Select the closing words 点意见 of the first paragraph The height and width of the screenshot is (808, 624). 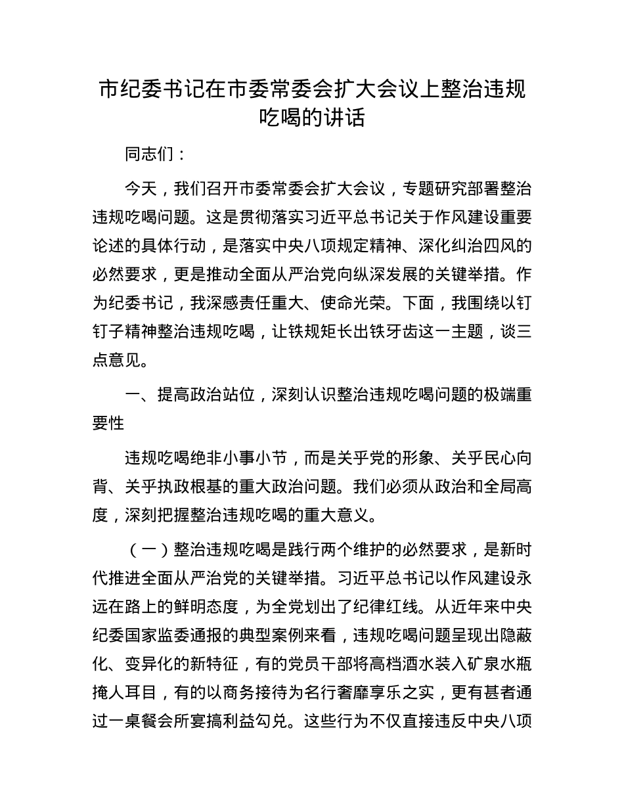124,360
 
